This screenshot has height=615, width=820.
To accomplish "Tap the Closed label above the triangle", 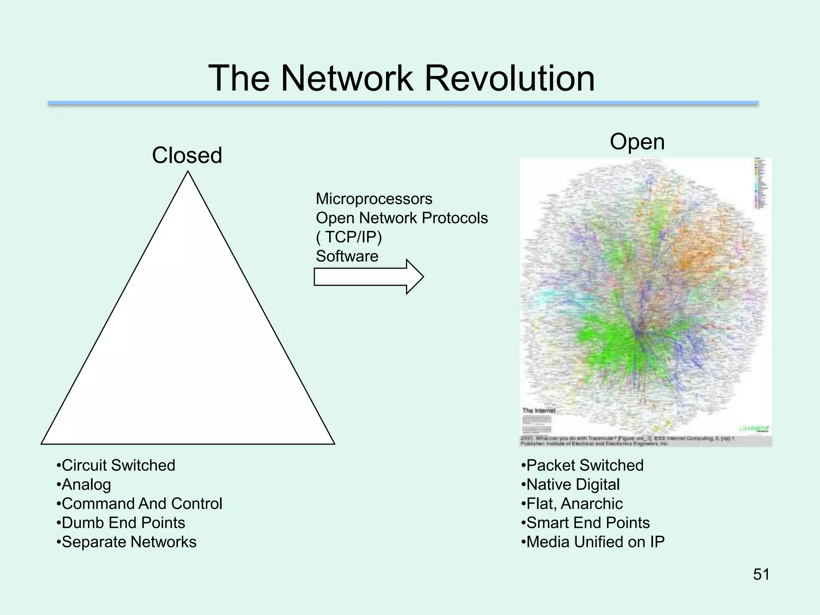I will [x=187, y=155].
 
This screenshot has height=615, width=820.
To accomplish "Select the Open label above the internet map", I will [x=637, y=142].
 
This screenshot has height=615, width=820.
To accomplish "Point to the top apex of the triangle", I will [x=188, y=173].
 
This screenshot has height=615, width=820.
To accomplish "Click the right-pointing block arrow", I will [x=368, y=277].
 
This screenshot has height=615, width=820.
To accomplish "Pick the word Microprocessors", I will [x=374, y=199].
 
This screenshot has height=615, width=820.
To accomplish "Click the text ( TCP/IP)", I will [x=349, y=237].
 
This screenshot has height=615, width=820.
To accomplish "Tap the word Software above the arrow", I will [x=347, y=256].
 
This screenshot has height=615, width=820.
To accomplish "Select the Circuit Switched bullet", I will [x=116, y=465].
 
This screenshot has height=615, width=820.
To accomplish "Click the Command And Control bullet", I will [x=139, y=504].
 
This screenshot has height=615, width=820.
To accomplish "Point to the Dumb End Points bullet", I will [x=121, y=523].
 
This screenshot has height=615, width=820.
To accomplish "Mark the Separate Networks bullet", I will [x=127, y=542].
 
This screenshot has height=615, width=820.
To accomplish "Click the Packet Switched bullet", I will [x=583, y=465].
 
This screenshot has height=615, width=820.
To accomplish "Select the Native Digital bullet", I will [x=571, y=484].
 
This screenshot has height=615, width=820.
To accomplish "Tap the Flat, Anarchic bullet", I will [x=572, y=504].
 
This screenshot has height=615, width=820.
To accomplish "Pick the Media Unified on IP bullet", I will [x=593, y=542].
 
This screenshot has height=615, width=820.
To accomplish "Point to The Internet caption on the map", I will [x=539, y=410].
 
